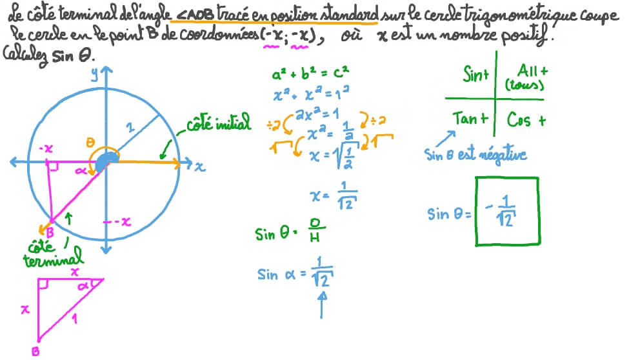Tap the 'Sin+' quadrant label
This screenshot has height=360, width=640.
coord(475,74)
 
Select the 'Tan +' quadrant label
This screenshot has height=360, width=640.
coord(470,119)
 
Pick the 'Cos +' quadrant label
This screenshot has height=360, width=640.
coord(526,120)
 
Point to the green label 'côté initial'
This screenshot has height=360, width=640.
coord(219,123)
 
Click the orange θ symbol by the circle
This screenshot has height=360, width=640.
coord(90,142)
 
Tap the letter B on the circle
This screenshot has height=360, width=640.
coord(50,233)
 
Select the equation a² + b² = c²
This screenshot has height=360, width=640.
coord(310,74)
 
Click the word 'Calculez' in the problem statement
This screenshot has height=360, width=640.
coord(25,55)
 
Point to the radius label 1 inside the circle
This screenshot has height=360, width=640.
coord(130,127)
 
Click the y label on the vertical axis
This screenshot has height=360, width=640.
coord(95,74)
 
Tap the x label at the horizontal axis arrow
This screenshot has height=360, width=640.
coord(199,166)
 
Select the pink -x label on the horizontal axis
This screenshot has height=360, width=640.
coord(46,148)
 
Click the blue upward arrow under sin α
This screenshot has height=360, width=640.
coord(322,304)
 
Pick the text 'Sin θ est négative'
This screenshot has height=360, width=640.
coord(475,155)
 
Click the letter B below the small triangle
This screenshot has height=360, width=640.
coord(35,350)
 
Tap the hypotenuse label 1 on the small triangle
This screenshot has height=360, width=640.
coord(74,318)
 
